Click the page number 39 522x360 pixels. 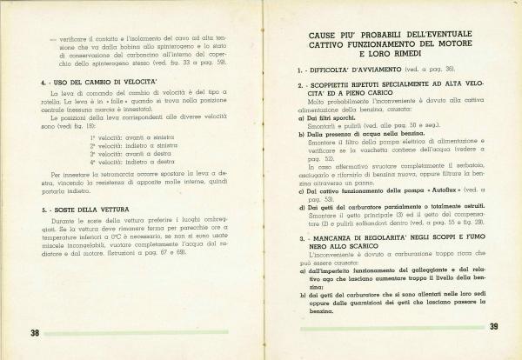tap(494, 327)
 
